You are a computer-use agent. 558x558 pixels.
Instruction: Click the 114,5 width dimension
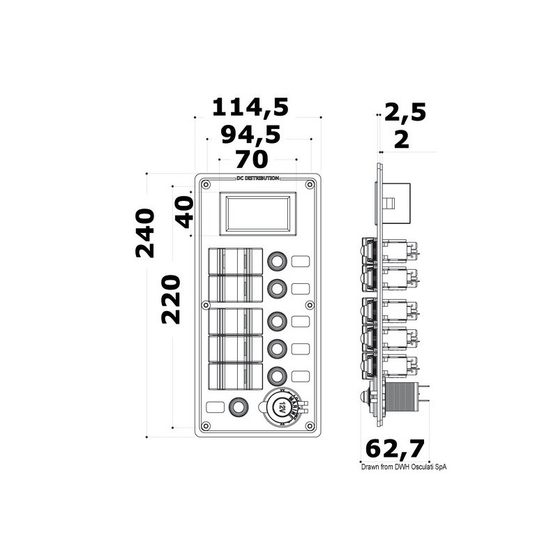click(250, 107)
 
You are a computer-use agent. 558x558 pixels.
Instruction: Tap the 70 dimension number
click(252, 160)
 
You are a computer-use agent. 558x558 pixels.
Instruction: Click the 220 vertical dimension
click(171, 299)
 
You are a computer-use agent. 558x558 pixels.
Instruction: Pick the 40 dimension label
click(183, 211)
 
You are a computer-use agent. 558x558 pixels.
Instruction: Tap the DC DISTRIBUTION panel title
click(257, 179)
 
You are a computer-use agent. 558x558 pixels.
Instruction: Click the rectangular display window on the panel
click(257, 212)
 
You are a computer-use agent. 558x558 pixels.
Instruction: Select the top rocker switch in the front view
click(235, 261)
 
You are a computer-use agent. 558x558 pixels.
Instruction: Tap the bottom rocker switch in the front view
click(235, 376)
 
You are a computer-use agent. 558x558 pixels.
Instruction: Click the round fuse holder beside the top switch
click(277, 262)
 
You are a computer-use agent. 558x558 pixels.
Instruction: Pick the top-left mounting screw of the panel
click(206, 185)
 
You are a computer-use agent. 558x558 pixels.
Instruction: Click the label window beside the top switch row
click(301, 262)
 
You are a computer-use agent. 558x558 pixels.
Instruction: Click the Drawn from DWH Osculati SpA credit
click(397, 467)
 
